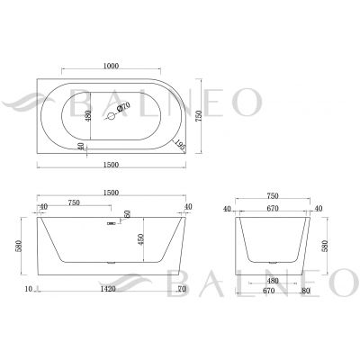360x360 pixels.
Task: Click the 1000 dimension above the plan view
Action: click(111, 66)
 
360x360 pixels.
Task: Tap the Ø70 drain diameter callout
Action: click(123, 106)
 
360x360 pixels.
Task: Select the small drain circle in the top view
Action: click(111, 116)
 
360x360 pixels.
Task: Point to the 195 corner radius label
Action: click(181, 145)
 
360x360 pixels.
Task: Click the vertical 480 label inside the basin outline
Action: click(87, 116)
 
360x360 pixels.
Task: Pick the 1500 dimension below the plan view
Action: click(111, 165)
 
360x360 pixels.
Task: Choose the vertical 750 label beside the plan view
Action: click(199, 116)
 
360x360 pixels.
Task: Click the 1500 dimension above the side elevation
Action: click(111, 193)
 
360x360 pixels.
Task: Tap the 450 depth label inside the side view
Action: click(141, 239)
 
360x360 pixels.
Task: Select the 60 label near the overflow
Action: click(127, 214)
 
